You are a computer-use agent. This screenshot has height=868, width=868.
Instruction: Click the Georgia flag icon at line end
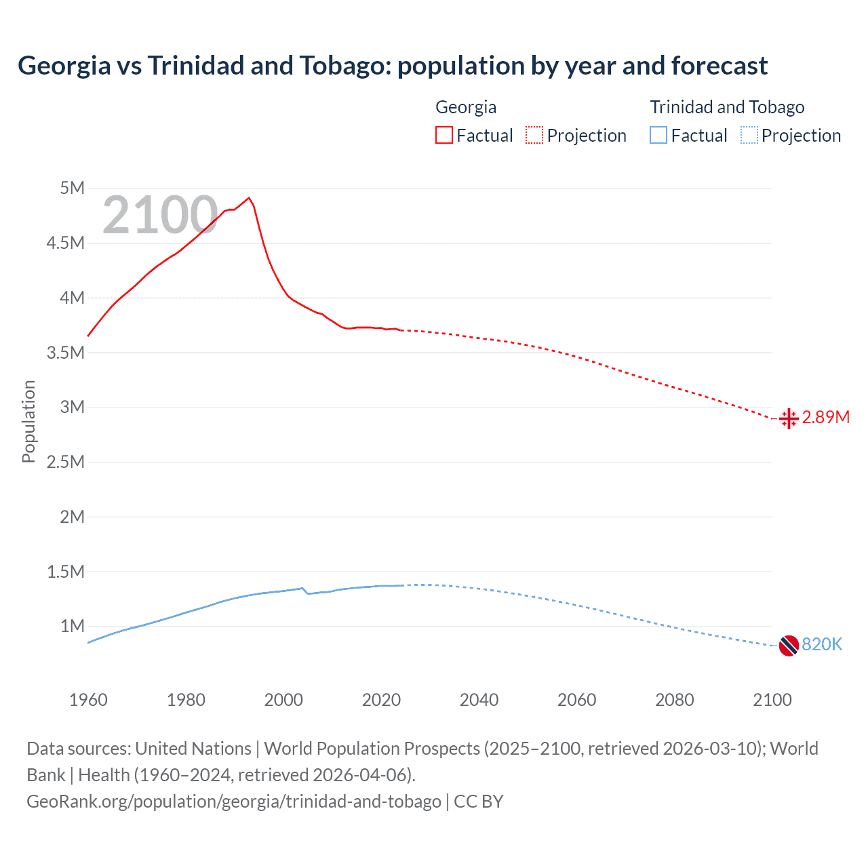point(789,419)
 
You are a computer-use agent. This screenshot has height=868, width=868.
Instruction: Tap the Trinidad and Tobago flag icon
point(789,646)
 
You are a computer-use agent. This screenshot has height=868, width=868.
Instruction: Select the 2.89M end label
point(825,418)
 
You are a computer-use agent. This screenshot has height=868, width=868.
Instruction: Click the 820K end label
point(822,645)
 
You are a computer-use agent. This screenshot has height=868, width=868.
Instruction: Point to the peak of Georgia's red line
point(249,198)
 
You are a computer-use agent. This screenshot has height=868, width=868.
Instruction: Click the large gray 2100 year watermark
point(160,216)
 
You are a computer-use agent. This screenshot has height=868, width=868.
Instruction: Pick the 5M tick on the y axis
point(72,189)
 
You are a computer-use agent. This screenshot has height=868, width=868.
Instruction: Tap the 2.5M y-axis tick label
point(66,462)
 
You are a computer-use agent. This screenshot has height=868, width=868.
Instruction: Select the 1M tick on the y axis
point(72,627)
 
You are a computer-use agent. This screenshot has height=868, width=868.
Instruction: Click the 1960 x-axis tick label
point(88,700)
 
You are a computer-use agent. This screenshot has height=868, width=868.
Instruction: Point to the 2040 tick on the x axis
point(479,700)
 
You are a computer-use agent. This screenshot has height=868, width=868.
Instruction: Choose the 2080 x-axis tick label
point(674,700)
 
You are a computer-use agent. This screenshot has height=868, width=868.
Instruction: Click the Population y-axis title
point(28,422)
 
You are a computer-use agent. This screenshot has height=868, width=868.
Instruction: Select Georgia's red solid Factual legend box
point(444,136)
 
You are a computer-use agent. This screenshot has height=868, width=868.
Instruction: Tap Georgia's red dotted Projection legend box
point(534,136)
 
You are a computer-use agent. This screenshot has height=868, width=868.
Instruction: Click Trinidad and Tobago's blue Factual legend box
point(658,136)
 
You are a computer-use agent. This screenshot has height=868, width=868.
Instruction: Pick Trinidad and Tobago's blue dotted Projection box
point(749,136)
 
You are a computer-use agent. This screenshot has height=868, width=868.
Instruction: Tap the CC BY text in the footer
point(479,802)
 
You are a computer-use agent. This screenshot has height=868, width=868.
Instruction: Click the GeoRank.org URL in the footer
point(234,802)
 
